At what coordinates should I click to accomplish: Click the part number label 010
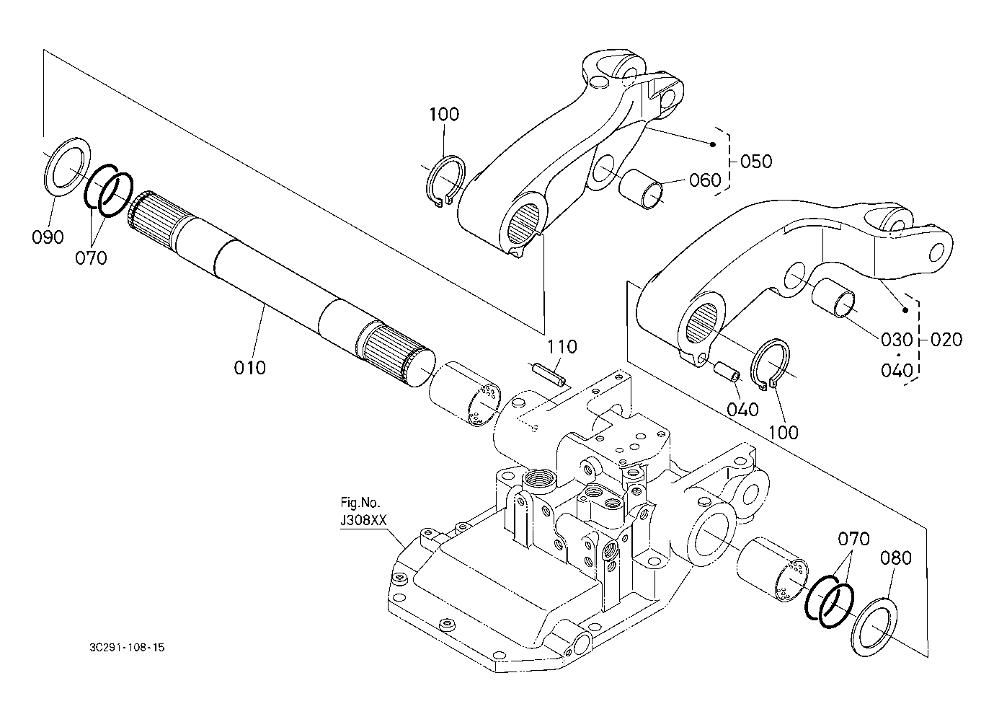[x=250, y=367]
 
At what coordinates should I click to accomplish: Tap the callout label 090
[x=48, y=237]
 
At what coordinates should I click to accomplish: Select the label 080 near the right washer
[x=895, y=558]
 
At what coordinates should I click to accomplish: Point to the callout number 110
[x=562, y=346]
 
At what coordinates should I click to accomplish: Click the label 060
[x=705, y=180]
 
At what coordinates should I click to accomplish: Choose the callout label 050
[x=757, y=161]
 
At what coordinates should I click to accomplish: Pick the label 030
[x=897, y=340]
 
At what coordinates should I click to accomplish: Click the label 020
[x=946, y=340]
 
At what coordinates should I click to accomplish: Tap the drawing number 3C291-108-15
[x=127, y=648]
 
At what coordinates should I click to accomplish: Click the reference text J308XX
[x=363, y=520]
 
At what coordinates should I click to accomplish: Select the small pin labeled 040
[x=726, y=371]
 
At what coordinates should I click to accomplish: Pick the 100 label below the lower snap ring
[x=784, y=432]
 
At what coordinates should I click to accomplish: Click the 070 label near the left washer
[x=91, y=257]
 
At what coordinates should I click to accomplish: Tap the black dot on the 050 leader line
[x=713, y=144]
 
